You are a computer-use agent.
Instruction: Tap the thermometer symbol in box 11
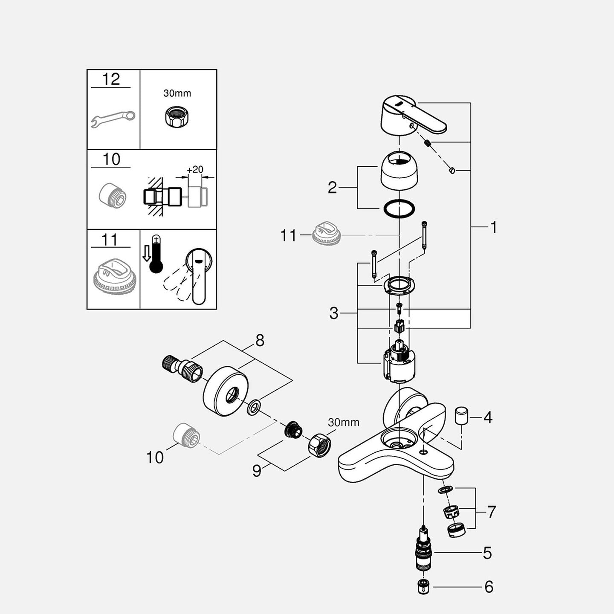click(x=156, y=254)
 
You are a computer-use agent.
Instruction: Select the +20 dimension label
click(x=195, y=169)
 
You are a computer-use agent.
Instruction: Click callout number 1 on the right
click(x=493, y=228)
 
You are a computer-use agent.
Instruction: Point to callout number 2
click(x=332, y=188)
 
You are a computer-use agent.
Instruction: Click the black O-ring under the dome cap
click(x=399, y=209)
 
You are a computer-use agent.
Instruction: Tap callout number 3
click(x=333, y=313)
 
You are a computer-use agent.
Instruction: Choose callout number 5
click(x=487, y=553)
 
